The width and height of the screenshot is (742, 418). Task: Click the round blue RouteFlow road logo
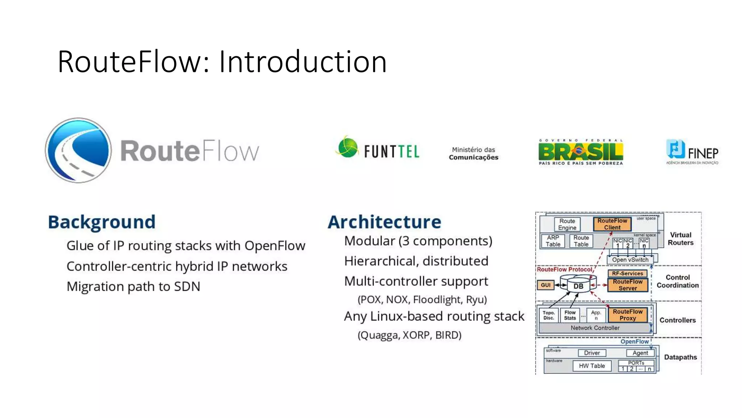pos(79,150)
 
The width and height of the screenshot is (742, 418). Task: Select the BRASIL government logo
pos(581,152)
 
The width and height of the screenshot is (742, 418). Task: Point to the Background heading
pos(102,222)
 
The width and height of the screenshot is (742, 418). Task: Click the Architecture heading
pos(384,222)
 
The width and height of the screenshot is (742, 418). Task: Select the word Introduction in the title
pos(303,62)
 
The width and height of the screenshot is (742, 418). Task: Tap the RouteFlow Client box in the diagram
pos(612,224)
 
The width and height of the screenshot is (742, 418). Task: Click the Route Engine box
pos(567,224)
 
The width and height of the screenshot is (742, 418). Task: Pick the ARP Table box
pos(553,241)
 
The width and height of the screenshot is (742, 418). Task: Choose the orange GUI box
pos(546,285)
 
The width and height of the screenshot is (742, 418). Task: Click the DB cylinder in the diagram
pos(578,286)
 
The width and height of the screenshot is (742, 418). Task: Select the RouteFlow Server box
pos(628,285)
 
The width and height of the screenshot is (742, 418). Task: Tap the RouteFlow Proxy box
pos(628,315)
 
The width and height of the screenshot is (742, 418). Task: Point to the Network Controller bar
pos(595,328)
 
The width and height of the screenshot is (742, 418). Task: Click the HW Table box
pos(592,366)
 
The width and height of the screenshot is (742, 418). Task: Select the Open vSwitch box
pos(630,260)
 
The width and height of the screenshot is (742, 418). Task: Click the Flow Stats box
pos(570,315)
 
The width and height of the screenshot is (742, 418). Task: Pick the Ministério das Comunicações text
pos(474,153)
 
